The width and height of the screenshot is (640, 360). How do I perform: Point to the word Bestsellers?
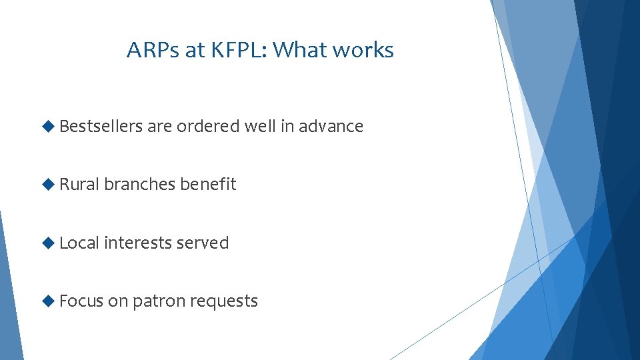[101, 126]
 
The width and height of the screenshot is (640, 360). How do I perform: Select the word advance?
[331, 126]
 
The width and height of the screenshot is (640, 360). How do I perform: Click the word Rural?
[79, 184]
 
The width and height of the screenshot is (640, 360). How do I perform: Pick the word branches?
[140, 184]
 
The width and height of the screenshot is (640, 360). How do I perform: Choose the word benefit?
[209, 184]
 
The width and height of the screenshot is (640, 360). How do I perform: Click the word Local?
[79, 243]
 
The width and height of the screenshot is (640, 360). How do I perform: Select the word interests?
[138, 243]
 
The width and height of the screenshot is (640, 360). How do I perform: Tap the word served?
[203, 243]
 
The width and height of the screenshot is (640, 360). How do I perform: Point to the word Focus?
[81, 301]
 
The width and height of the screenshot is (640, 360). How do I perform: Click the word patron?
[159, 301]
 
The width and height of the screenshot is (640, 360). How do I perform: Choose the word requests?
[224, 301]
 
